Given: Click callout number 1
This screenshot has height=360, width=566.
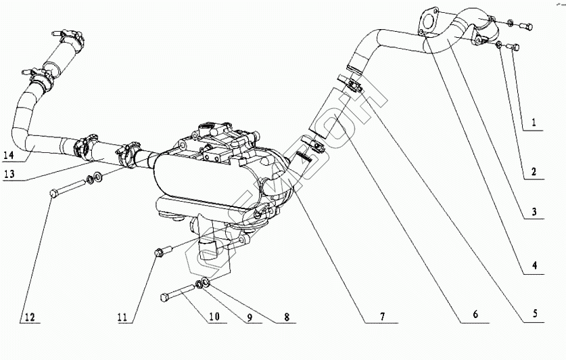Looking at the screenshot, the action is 534,123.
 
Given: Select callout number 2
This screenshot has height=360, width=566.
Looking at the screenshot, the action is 534,173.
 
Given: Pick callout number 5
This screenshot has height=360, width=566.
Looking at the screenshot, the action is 534,313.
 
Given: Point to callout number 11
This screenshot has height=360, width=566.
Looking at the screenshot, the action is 122,316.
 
